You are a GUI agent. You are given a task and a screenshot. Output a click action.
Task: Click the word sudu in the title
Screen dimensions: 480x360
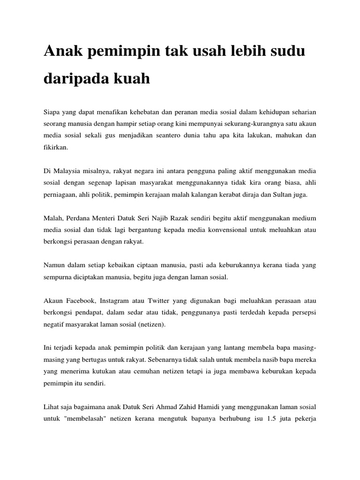coord(282,52)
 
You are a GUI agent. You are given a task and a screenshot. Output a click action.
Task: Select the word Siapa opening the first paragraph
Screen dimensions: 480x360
coord(52,112)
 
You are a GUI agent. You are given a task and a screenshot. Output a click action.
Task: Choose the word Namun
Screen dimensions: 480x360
coord(55,265)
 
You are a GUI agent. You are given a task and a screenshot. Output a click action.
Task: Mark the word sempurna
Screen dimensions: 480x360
coord(59,277)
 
